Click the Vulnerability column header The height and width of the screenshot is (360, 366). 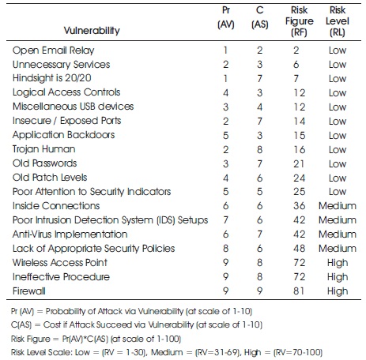tap(92, 31)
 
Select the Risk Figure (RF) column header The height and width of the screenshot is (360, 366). tap(300, 21)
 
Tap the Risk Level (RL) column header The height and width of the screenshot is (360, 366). tap(338, 21)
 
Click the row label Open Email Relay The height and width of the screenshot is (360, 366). tap(53, 51)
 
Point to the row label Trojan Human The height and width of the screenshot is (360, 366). tap(43, 149)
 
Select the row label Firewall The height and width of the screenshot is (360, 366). tap(29, 291)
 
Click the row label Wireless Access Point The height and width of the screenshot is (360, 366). tap(60, 263)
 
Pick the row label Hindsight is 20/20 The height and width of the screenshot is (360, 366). tap(52, 78)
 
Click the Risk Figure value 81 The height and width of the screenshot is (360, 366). tap(299, 291)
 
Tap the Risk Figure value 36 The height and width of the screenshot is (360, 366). tap(300, 206)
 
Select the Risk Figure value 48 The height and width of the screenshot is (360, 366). tap(300, 249)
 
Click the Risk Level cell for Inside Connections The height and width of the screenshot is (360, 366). tap(338, 206)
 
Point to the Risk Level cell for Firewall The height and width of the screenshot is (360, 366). tap(338, 291)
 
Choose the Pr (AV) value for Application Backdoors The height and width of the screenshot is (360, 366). tap(226, 135)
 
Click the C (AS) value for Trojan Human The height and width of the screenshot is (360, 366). tap(260, 149)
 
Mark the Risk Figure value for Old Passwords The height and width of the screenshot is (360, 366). tap(299, 163)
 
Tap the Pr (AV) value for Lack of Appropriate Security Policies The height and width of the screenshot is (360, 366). tap(226, 249)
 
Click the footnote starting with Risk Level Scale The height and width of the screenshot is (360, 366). tap(167, 352)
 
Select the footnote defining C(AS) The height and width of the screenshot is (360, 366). tap(137, 324)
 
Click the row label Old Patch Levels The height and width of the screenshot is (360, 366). tap(50, 178)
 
